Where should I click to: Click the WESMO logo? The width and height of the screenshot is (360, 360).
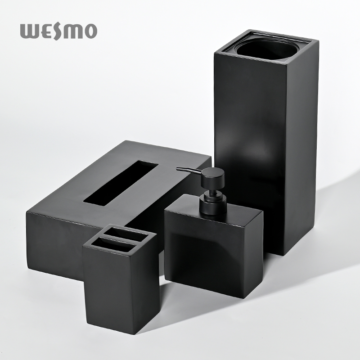[59, 31]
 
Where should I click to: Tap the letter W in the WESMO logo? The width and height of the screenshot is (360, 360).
[29, 31]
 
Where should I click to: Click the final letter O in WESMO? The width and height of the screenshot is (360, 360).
[90, 31]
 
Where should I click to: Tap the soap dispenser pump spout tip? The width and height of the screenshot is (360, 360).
[177, 169]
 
